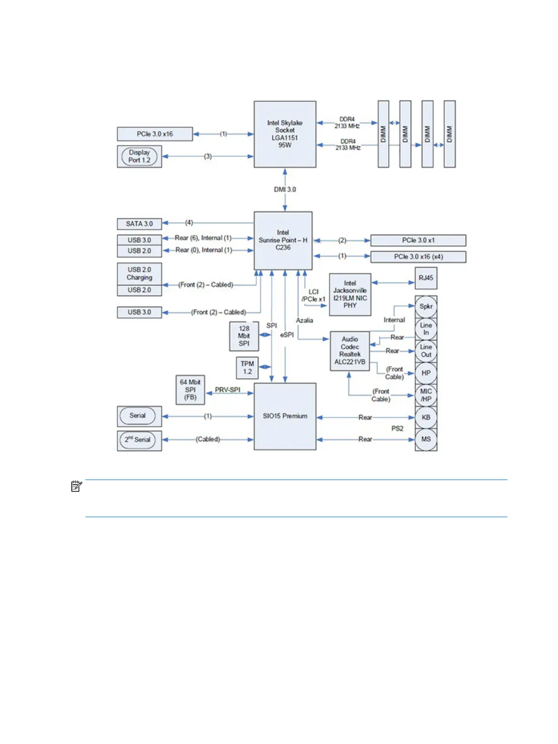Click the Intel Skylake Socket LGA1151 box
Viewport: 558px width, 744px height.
pos(285,134)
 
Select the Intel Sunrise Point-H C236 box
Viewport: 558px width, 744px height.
pos(283,240)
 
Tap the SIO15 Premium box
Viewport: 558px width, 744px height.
pos(285,416)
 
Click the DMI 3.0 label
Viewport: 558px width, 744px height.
pos(285,189)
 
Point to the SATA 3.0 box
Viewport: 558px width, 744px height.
pos(139,224)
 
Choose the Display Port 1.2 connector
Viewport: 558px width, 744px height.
pos(139,156)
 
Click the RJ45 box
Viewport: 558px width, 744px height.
pos(426,278)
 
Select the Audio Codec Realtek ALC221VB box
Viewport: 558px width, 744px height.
pos(350,350)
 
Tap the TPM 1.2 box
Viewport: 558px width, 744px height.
pos(247,367)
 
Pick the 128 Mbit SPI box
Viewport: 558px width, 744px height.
pos(244,336)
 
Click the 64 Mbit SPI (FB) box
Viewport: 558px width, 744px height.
pos(190,389)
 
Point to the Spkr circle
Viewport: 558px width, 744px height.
pos(426,306)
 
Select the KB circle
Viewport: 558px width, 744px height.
pos(426,417)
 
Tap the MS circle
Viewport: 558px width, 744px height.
pos(426,439)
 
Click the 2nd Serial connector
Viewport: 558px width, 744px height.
pos(139,440)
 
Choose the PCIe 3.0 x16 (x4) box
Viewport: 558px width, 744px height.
pos(418,256)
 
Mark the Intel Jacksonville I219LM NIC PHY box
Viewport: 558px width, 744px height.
pos(350,294)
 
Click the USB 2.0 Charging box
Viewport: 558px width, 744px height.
pos(139,273)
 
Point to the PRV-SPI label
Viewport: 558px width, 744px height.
pos(228,390)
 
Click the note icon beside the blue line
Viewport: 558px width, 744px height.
pos(76,486)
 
